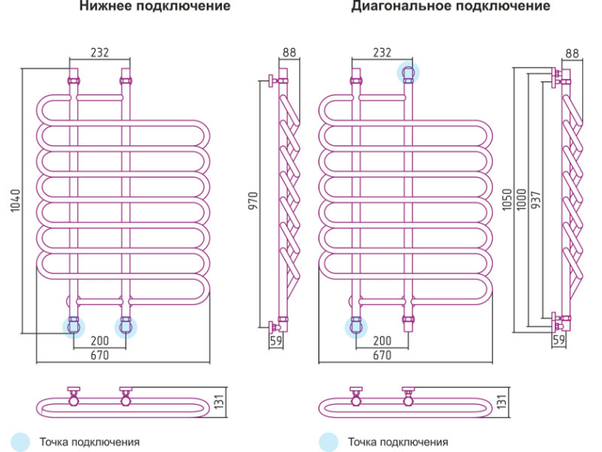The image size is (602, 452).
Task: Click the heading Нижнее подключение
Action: [154, 7]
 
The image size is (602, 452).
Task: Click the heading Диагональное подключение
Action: [450, 7]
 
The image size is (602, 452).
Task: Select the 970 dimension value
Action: [255, 203]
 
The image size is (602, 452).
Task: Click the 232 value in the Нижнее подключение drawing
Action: [100, 53]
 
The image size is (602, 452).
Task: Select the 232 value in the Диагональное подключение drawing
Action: [382, 53]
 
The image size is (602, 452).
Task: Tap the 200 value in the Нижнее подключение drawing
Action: [100, 340]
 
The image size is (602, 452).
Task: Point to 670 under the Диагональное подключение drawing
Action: [382, 355]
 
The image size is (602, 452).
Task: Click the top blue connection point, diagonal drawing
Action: [408, 73]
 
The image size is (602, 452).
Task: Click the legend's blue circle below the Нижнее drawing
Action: [21, 442]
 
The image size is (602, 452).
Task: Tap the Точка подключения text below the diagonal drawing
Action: [397, 442]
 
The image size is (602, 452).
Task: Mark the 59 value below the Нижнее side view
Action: [276, 341]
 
